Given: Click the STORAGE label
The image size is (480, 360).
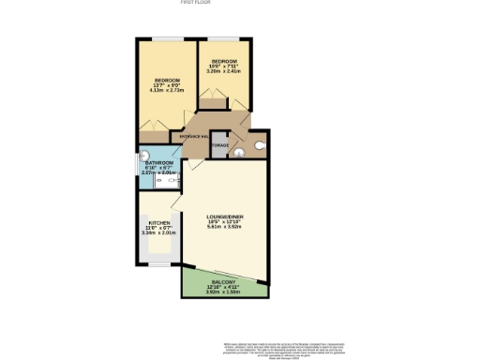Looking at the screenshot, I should pyautogui.click(x=219, y=145).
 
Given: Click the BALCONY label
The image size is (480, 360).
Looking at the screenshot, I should pyautogui.click(x=224, y=283).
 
